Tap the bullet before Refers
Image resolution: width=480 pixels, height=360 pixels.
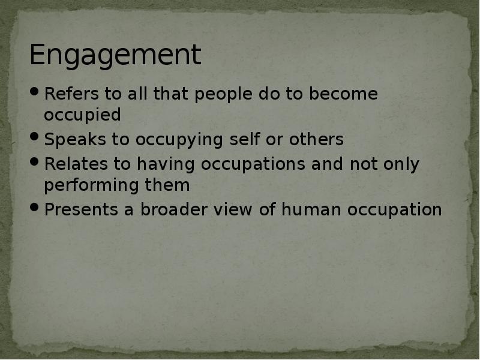click(35, 93)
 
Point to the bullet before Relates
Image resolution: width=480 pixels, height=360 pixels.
click(35, 163)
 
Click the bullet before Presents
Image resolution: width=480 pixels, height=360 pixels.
click(35, 209)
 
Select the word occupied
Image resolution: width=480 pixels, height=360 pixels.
click(82, 115)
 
